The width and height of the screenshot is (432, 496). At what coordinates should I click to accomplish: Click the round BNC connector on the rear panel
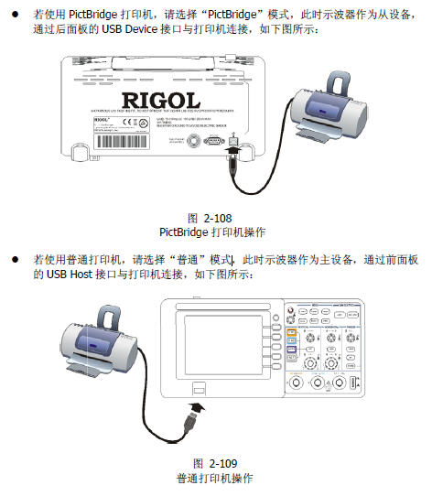[x=195, y=141]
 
